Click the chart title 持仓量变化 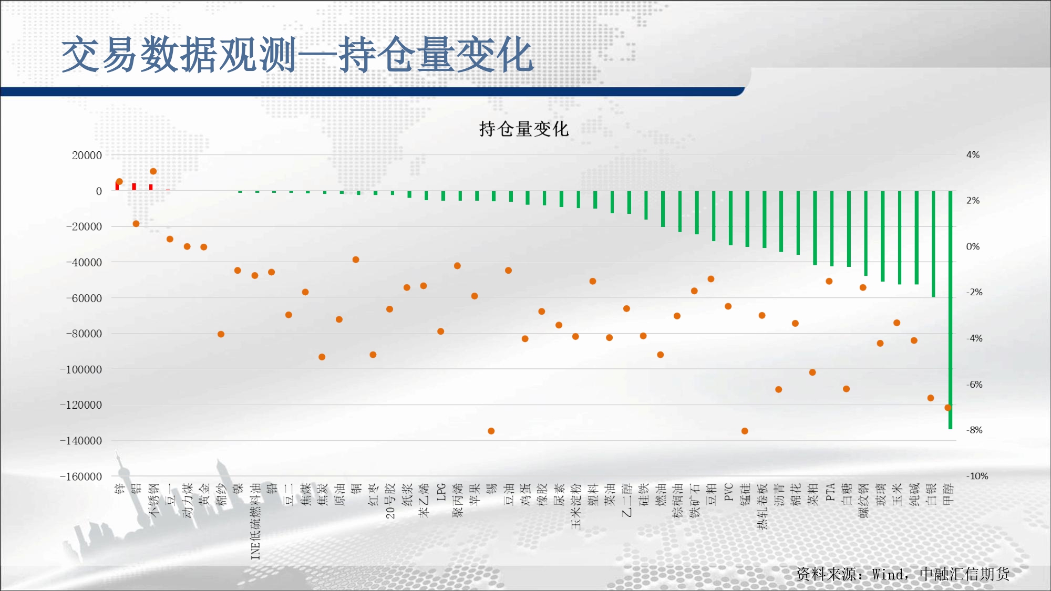coord(523,129)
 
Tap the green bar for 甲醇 coord(950,310)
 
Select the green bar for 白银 coord(933,244)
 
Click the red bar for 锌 coord(117,186)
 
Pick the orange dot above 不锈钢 coord(153,171)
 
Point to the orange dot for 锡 coord(491,431)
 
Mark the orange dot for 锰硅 coord(745,431)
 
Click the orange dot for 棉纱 coord(221,334)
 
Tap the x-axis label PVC coord(728,492)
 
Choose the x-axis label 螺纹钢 coord(863,501)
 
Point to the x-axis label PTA coord(830,492)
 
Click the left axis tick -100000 coord(81,369)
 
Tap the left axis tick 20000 coord(87,155)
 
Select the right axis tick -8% coord(974,430)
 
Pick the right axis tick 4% coord(973,155)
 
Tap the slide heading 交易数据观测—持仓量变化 coord(297,55)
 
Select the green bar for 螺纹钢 coord(865,233)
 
